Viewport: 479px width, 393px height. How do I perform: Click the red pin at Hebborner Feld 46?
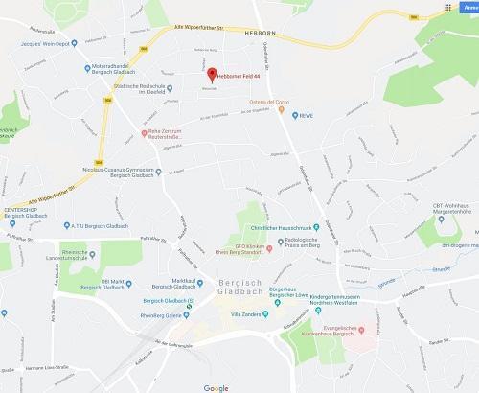click(212, 73)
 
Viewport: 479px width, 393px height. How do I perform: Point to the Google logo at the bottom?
click(216, 386)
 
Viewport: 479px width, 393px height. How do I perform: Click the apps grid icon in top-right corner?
click(447, 6)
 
